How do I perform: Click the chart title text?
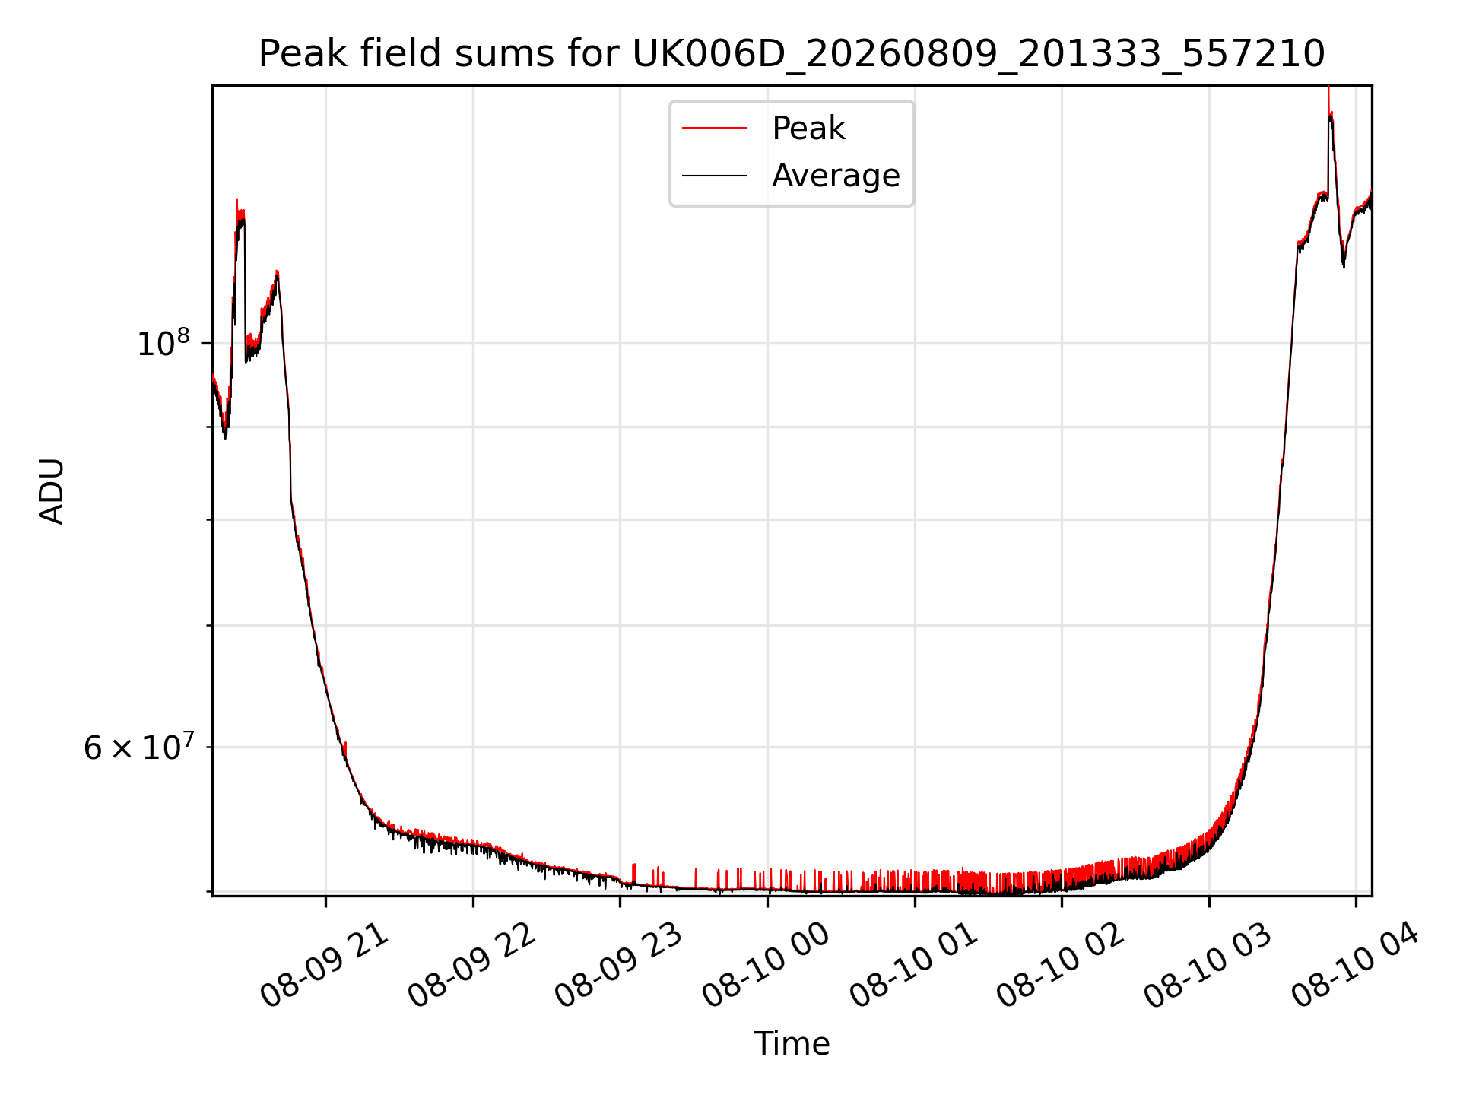[x=792, y=54]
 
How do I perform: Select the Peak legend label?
[x=808, y=128]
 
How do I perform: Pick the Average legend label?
[x=836, y=176]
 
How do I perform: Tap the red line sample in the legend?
[x=715, y=128]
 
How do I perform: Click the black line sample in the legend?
[x=715, y=176]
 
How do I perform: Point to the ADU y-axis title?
[x=52, y=490]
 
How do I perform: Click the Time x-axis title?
[x=792, y=1043]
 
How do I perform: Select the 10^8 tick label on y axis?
[x=163, y=342]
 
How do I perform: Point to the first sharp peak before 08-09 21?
[x=237, y=201]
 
